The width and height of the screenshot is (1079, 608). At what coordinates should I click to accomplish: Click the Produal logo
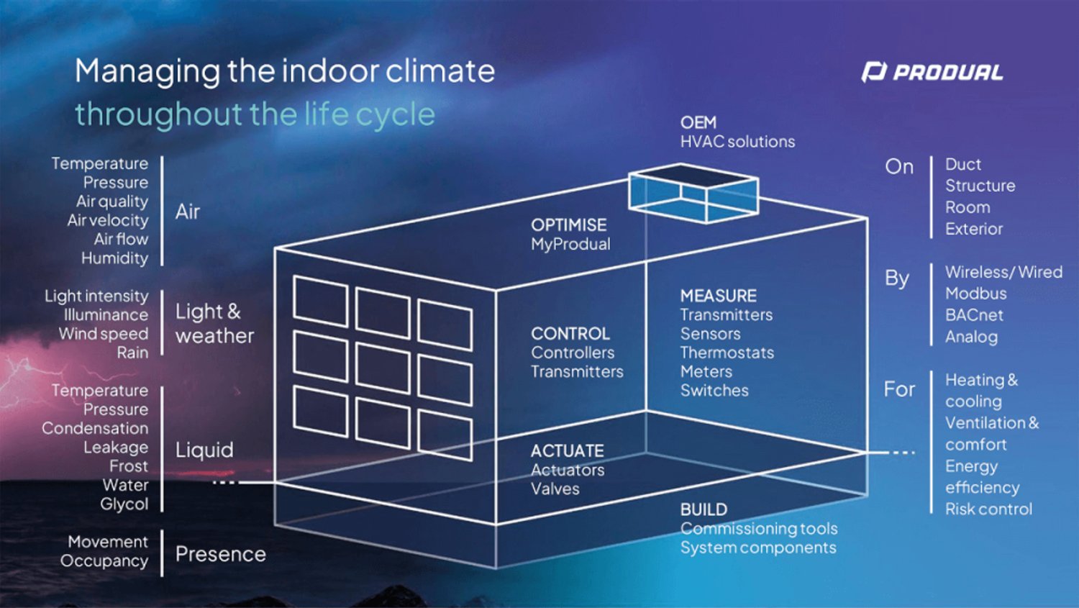932,72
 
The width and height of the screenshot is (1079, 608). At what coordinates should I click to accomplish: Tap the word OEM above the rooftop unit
698,122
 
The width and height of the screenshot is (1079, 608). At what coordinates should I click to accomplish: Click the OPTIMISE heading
568,224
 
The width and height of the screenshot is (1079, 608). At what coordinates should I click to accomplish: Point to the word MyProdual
570,244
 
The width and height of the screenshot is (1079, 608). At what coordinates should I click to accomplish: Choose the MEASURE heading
718,296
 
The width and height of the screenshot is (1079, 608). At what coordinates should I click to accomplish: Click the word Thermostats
727,353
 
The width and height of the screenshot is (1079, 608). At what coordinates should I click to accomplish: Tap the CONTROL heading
570,334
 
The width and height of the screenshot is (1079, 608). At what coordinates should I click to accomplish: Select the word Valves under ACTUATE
555,489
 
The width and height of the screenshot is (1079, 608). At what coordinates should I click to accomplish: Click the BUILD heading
704,509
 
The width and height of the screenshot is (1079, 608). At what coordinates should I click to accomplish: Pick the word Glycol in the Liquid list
124,504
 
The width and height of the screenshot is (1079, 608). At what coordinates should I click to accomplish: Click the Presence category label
220,554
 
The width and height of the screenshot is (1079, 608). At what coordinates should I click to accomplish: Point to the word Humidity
114,258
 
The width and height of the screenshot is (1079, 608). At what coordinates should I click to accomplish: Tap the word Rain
132,353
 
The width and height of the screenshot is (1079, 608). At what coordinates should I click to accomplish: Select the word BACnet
973,315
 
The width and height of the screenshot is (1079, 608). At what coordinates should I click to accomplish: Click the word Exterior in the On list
973,229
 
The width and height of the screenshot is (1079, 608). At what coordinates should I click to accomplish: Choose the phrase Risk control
988,509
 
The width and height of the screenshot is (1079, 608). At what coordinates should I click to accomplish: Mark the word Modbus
975,294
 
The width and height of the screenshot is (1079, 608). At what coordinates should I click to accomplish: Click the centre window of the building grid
383,367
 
